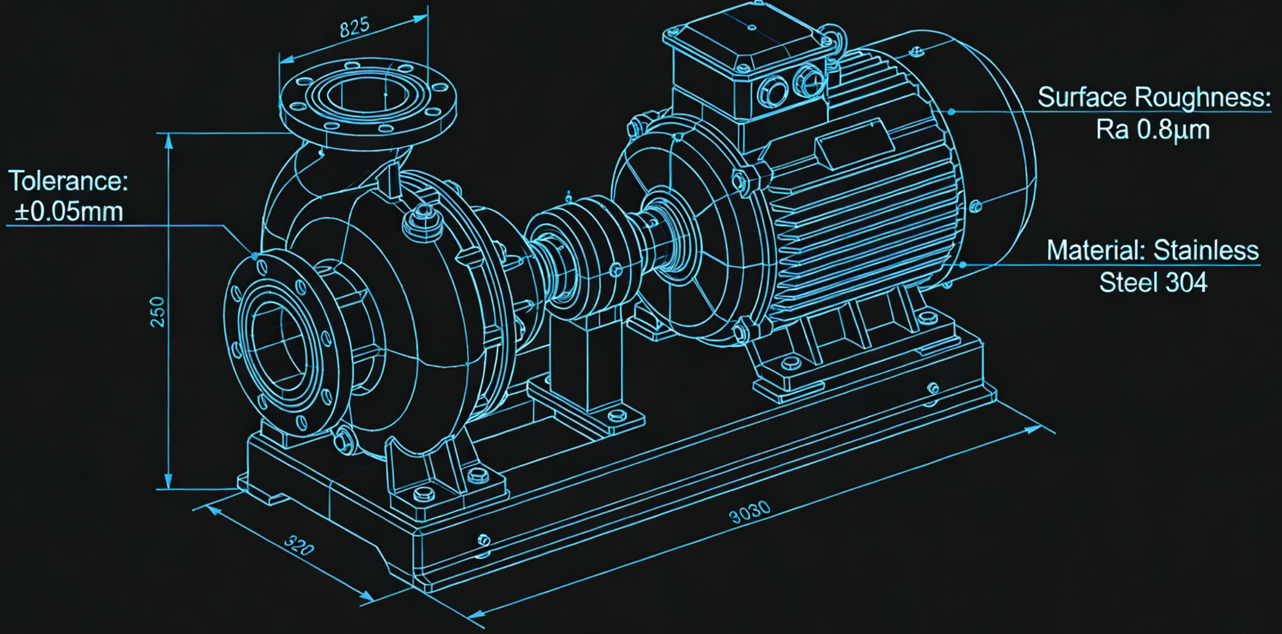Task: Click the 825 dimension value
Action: [x=354, y=27]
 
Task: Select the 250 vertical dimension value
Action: [x=157, y=312]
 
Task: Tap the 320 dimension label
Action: [x=299, y=545]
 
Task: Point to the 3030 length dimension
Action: [x=750, y=512]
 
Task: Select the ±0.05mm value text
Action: [x=69, y=212]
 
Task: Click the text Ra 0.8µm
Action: [x=1153, y=129]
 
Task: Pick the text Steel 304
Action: [x=1153, y=283]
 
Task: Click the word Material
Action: [x=1095, y=250]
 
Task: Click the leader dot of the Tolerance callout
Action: [x=255, y=256]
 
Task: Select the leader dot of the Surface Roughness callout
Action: [x=951, y=112]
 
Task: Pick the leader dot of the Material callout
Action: [x=963, y=265]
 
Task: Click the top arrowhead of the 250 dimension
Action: [x=169, y=141]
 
